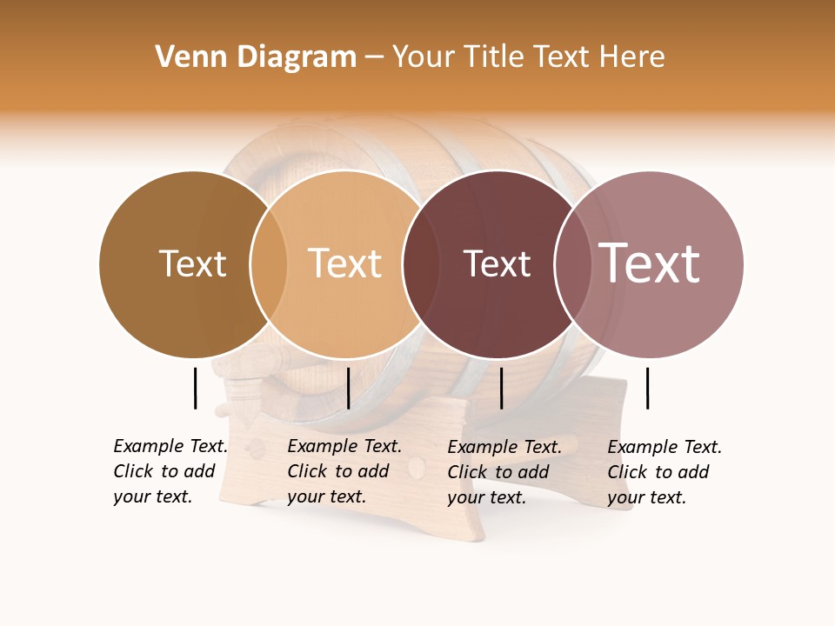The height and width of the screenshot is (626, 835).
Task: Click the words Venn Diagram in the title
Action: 256,57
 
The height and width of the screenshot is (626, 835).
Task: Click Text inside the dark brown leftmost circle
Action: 192,263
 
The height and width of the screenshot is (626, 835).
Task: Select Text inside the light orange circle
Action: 345,263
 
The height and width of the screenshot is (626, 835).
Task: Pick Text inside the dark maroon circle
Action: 497,263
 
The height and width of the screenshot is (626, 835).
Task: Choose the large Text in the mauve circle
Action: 649,263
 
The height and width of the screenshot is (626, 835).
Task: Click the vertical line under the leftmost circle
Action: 196,388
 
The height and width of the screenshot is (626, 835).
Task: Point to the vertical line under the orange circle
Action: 348,388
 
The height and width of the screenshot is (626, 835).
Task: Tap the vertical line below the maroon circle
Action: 502,388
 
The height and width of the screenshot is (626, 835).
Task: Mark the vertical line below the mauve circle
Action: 648,388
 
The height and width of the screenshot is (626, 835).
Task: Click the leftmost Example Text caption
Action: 170,471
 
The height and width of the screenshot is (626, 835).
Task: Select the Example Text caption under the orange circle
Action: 344,471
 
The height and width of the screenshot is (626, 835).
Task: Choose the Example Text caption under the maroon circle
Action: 504,472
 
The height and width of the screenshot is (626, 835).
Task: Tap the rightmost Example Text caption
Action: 664,472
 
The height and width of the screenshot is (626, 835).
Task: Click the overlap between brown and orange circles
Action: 269,263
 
